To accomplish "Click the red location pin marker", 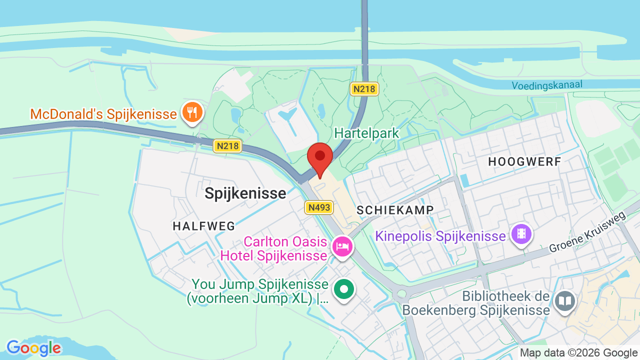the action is pos(320,157).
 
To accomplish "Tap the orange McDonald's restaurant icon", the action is pos(191,111).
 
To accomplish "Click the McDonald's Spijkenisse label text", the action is pos(103,114).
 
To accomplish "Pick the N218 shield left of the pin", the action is pos(227,146).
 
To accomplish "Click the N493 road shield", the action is pos(319,207).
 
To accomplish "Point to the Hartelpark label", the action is pos(366,133).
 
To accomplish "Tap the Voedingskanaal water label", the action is pos(547,85).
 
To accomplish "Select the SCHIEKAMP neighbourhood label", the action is pos(395,210).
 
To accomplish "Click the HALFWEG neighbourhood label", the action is pos(204,226).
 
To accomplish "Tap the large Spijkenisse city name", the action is pos(245,193).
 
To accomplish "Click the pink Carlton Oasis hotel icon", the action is pos(342,246).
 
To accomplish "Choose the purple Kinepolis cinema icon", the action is pos(521,233).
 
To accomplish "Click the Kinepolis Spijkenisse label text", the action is pos(440,236).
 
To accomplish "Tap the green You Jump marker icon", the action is pos(344,289).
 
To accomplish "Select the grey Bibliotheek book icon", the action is pos(565,300).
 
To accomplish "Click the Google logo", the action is pos(33,348).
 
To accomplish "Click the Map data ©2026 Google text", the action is pos(578,353).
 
